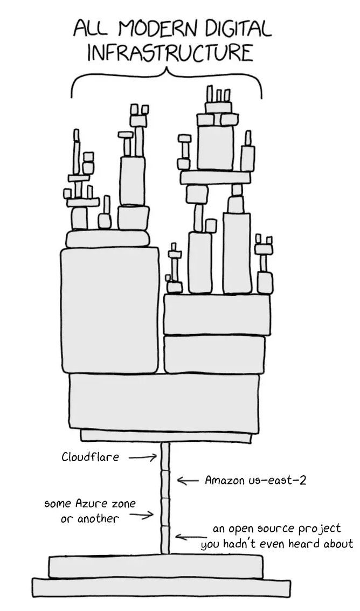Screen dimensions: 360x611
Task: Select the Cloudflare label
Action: pos(90,456)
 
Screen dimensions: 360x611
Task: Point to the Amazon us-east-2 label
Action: pos(255,480)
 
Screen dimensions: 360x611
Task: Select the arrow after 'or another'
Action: pos(141,517)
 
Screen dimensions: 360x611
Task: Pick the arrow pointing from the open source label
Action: pos(188,538)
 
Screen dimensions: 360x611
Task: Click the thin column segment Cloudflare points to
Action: pos(165,457)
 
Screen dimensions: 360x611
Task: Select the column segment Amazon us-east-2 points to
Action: pos(165,484)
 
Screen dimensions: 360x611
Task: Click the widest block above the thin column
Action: pos(164,402)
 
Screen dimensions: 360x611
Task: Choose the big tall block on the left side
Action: pos(110,310)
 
